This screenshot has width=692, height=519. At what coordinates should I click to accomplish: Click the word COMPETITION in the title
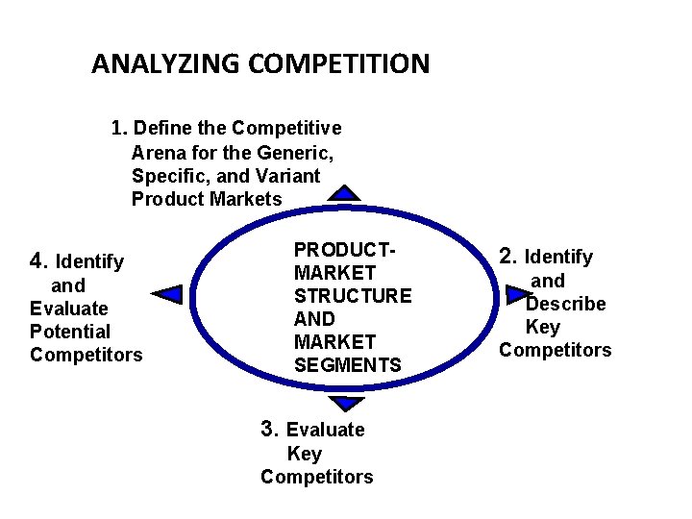pyautogui.click(x=338, y=64)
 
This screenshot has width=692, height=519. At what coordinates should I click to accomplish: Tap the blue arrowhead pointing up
pyautogui.click(x=343, y=192)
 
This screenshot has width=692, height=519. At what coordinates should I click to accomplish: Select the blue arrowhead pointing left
pyautogui.click(x=168, y=294)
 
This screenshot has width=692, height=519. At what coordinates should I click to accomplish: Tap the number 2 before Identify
pyautogui.click(x=507, y=257)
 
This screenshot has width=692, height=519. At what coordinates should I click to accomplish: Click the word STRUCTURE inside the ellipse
pyautogui.click(x=353, y=296)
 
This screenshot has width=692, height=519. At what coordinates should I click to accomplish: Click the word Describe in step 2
pyautogui.click(x=566, y=304)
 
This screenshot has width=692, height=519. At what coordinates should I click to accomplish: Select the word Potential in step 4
pyautogui.click(x=70, y=332)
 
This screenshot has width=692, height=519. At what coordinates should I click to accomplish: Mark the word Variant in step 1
pyautogui.click(x=288, y=176)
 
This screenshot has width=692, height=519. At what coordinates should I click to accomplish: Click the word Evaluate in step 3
pyautogui.click(x=326, y=430)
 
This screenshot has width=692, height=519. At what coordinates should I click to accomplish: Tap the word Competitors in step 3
pyautogui.click(x=316, y=477)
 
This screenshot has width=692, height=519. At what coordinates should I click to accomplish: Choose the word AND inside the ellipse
pyautogui.click(x=314, y=319)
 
